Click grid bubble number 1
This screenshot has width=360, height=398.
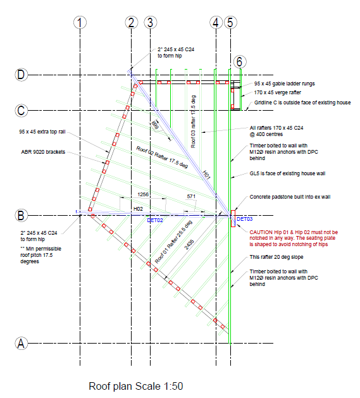tap(80, 23)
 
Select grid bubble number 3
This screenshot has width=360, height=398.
tap(151, 23)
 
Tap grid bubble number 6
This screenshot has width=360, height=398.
tap(240, 61)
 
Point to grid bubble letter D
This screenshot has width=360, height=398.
tap(21, 75)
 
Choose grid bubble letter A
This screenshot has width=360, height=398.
tap(21, 344)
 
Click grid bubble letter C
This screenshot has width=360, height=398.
tap(21, 110)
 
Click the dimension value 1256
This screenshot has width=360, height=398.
tap(143, 194)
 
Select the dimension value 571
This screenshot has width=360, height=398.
tap(191, 196)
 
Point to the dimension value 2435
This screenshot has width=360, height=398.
tap(189, 245)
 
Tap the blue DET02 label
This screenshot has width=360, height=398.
tap(155, 220)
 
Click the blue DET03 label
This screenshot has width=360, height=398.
tap(244, 219)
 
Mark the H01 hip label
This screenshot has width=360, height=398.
tap(206, 175)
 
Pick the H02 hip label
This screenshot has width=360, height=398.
tap(138, 209)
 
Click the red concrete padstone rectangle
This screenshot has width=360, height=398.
tap(233, 218)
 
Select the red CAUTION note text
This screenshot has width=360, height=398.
tap(294, 239)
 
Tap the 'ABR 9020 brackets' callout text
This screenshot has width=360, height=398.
tap(43, 152)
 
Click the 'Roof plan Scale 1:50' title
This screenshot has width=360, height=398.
tap(136, 387)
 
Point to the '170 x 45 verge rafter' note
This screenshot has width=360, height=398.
tap(278, 92)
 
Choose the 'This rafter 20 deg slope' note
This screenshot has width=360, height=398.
tap(276, 257)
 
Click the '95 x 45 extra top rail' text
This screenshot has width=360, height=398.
tap(42, 132)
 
